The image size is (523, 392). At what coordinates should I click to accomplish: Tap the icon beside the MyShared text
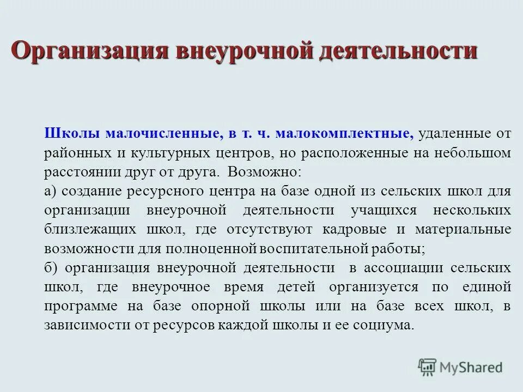(428, 367)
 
